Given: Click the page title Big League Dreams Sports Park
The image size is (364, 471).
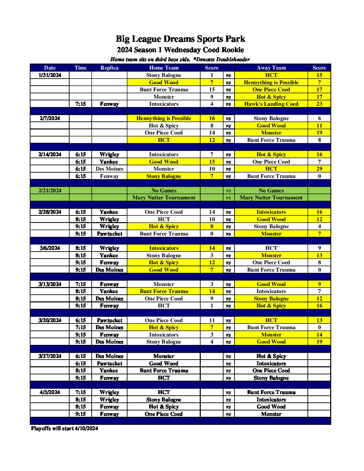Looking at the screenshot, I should click(180, 39).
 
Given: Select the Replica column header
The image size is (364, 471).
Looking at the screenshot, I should click(109, 68).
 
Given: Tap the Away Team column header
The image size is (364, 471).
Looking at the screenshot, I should click(271, 68).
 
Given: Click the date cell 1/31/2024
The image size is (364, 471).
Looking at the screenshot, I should click(50, 75).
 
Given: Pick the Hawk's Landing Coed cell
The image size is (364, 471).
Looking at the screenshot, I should click(271, 104).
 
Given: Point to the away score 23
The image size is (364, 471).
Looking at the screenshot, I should click(319, 104).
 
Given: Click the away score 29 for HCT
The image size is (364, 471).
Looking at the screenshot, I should click(319, 169).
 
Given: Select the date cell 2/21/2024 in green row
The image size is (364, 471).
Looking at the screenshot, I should click(50, 191).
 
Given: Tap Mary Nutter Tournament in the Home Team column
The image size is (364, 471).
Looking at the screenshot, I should click(164, 198).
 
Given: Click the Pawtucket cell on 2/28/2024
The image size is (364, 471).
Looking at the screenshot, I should click(109, 234).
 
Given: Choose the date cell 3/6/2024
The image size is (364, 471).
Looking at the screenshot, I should click(50, 248).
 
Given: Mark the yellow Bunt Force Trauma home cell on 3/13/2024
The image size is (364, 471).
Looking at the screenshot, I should click(164, 291).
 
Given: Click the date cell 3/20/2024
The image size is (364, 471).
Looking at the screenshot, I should click(50, 320).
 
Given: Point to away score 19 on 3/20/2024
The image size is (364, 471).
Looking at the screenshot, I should click(319, 342).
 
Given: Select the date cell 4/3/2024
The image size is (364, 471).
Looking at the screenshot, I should click(50, 392).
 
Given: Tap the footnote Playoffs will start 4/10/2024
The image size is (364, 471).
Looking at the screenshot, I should click(65, 429).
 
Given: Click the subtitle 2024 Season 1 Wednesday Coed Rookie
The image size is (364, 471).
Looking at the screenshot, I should click(180, 50).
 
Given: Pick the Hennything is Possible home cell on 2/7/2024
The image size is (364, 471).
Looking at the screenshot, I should click(164, 118).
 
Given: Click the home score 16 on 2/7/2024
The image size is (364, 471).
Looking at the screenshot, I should click(212, 118).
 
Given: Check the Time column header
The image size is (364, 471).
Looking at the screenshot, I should click(81, 68).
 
